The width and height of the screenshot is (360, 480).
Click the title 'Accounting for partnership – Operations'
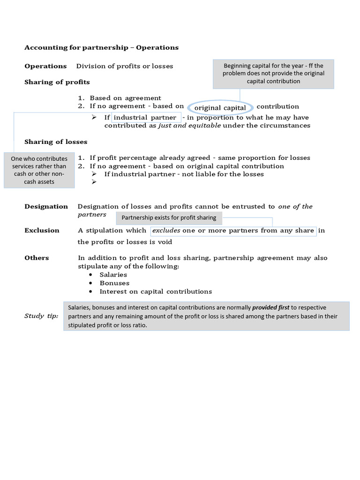[x=101, y=47]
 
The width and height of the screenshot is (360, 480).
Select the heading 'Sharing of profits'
[x=57, y=82]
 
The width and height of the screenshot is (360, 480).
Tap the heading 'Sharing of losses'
[x=56, y=142]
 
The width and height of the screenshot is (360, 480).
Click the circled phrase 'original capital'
[x=220, y=108]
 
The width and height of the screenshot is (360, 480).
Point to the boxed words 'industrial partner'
[x=145, y=117]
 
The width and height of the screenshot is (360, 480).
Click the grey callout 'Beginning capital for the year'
[x=273, y=74]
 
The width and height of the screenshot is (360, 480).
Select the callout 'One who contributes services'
[x=39, y=170]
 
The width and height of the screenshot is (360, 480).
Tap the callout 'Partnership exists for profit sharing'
[x=169, y=217]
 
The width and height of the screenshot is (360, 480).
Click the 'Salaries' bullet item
[x=113, y=275]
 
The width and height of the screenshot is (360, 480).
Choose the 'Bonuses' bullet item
[x=114, y=283]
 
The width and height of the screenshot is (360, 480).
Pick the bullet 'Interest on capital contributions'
[x=156, y=292]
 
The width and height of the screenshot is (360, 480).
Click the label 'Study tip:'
[x=41, y=316]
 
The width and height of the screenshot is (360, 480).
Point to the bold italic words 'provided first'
[x=270, y=307]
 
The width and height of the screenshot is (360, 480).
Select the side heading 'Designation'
[x=46, y=206]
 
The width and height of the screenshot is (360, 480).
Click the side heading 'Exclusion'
[x=42, y=230]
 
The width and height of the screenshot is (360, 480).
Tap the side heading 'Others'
[x=37, y=258]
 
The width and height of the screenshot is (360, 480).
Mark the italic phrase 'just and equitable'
[x=189, y=126]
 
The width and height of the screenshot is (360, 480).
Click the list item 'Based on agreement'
[x=125, y=98]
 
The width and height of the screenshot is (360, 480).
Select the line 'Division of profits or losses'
[x=125, y=66]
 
